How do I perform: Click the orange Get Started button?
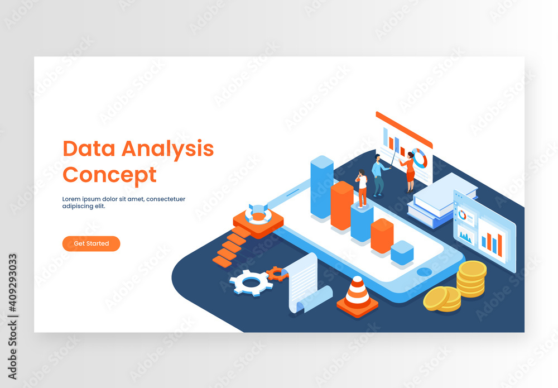tap(91, 243)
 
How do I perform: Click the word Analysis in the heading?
tap(167, 149)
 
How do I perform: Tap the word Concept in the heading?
tap(109, 175)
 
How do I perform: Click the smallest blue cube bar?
tap(402, 252)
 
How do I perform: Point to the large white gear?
tap(251, 282)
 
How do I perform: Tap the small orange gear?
tap(277, 274)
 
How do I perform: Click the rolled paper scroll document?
tap(306, 284)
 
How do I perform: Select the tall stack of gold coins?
tap(472, 278)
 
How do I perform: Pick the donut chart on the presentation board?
tap(419, 158)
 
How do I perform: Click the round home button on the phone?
tap(424, 272)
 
